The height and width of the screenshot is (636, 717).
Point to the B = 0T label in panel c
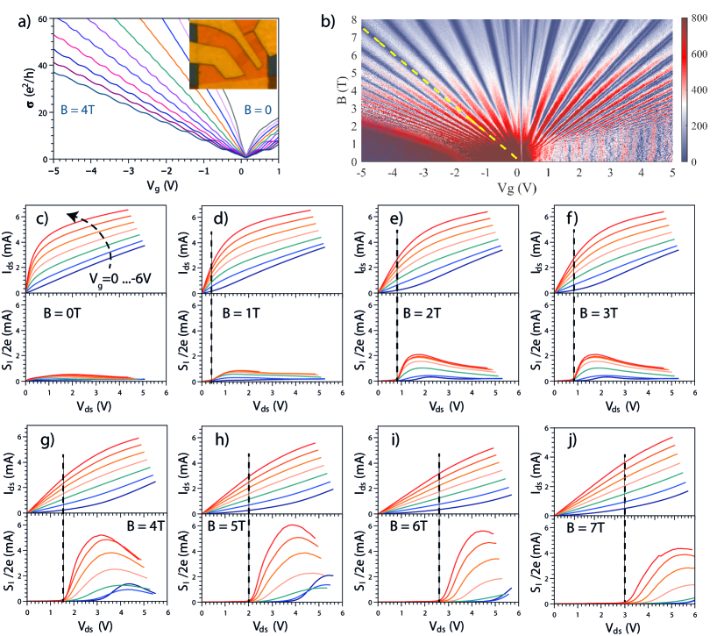(67, 313)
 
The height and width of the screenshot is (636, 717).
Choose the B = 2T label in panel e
(427, 313)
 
